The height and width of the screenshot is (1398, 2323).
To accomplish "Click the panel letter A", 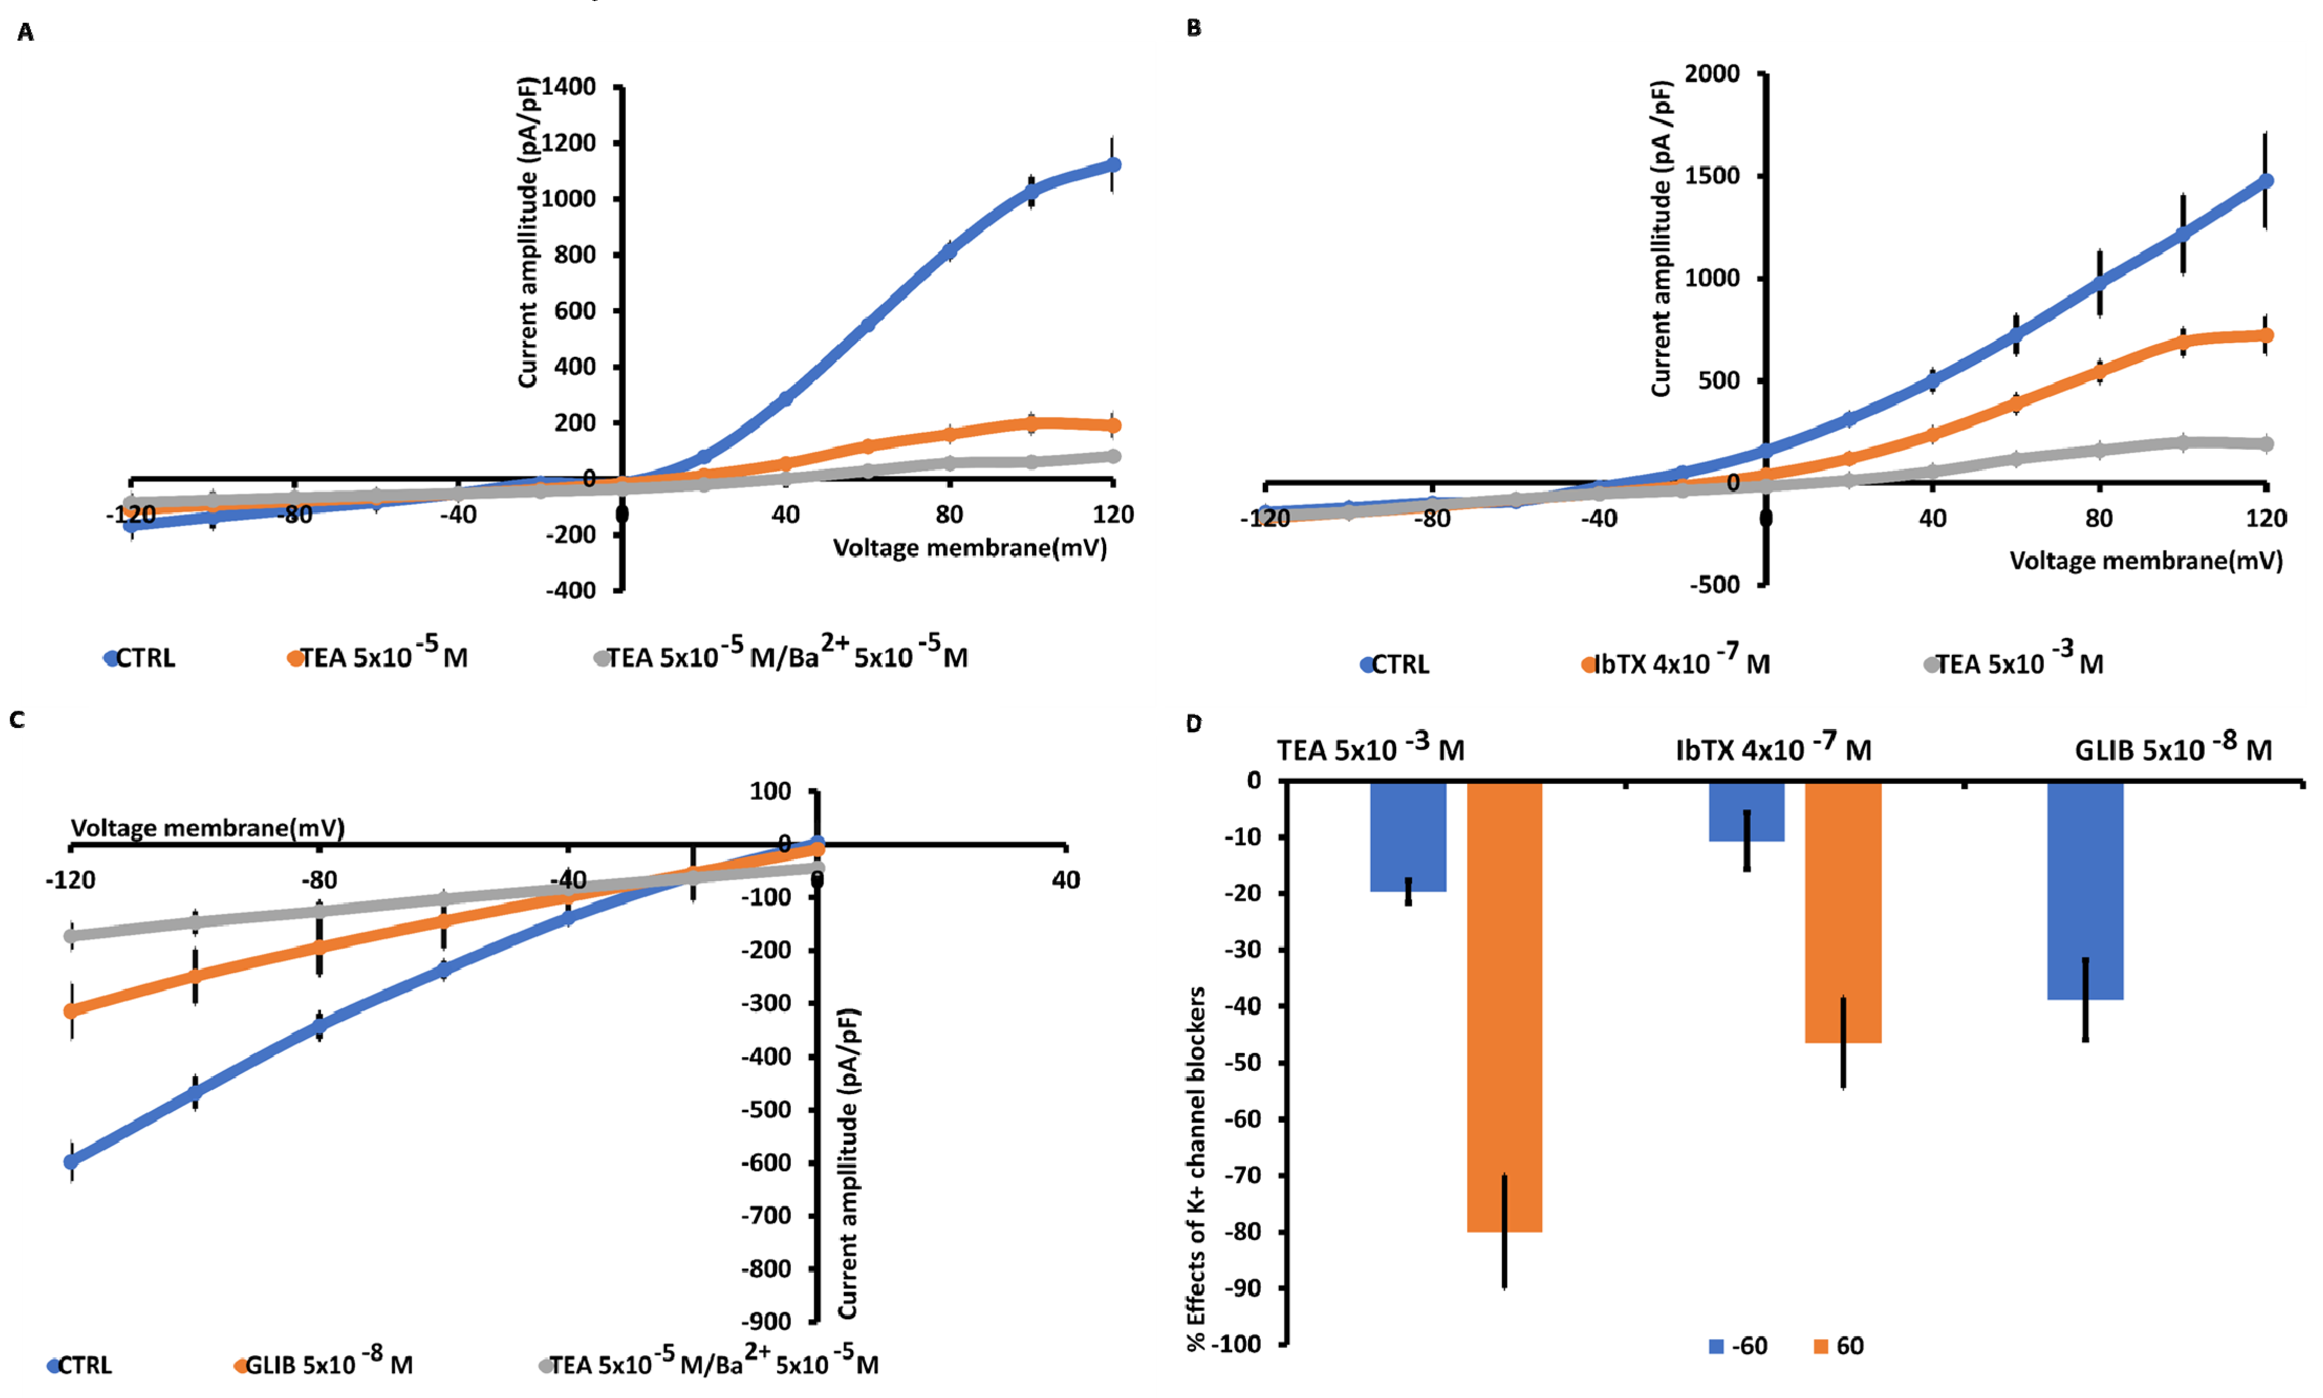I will click(25, 33).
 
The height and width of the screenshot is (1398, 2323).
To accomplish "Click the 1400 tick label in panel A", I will click(569, 87).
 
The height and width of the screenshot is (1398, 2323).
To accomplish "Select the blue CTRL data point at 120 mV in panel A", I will click(1113, 165).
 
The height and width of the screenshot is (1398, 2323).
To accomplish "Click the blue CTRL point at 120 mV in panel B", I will click(2265, 181).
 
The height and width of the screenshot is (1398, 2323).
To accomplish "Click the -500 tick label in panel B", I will click(1714, 584).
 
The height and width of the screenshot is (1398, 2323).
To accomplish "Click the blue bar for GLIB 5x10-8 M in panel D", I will click(2085, 890).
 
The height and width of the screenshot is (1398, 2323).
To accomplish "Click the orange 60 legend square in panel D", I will click(1820, 1346).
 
